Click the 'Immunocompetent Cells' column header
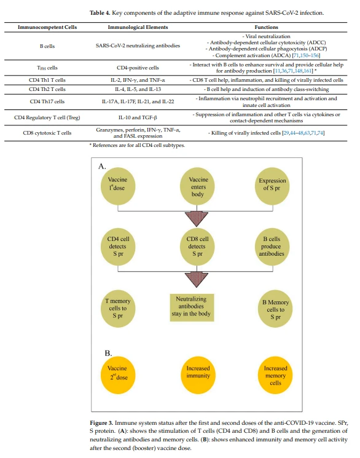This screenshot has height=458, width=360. [47, 27]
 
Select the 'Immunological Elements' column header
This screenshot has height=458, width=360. [138, 27]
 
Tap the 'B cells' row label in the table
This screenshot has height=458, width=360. [47, 46]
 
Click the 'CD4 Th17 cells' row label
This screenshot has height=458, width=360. [47, 101]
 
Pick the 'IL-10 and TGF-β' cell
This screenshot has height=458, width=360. [138, 117]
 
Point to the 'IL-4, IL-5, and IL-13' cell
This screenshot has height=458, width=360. [138, 89]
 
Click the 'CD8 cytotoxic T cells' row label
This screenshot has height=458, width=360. [47, 133]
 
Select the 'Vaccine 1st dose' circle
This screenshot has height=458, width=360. [118, 187]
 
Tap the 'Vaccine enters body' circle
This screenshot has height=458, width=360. [198, 187]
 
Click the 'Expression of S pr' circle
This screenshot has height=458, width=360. [272, 185]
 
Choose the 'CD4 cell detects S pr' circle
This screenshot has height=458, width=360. [118, 247]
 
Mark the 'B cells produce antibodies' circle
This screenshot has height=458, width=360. [272, 247]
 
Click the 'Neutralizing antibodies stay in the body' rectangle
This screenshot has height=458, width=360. [192, 307]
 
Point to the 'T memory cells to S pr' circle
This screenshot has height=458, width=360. [118, 309]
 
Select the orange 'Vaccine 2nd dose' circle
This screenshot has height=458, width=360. [118, 375]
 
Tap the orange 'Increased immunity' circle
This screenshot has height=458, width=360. [198, 375]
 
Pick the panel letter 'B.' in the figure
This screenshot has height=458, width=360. [108, 353]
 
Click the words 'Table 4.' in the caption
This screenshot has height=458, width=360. [100, 13]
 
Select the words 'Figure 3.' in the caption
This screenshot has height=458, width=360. [101, 423]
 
